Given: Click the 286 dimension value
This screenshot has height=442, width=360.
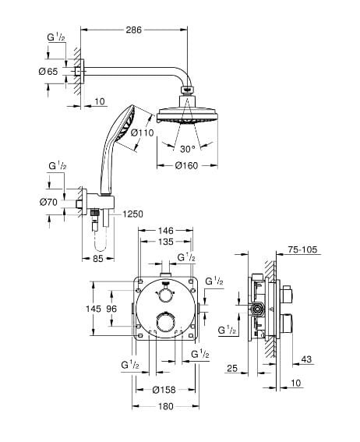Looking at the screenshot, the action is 133,30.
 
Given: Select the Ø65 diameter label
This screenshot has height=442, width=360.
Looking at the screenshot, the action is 48,72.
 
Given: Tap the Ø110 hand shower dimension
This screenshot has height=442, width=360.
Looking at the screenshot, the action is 143,133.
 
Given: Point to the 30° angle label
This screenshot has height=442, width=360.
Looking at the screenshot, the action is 188,149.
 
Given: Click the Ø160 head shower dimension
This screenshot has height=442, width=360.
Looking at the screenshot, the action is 186,165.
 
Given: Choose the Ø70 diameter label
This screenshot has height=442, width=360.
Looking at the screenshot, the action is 48,202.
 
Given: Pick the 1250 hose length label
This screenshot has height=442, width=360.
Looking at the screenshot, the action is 132,214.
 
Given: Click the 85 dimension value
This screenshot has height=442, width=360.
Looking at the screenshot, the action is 98,258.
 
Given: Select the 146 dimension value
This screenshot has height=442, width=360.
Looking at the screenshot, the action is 165,231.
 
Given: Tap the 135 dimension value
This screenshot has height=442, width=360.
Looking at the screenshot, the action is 166,242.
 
